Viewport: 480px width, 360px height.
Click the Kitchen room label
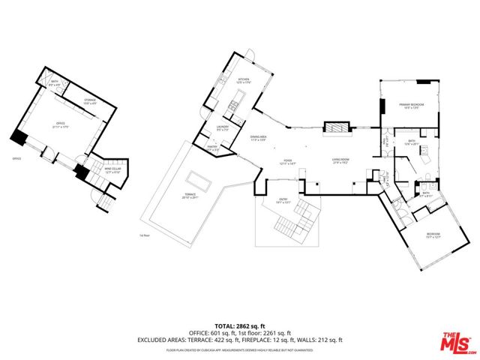243,81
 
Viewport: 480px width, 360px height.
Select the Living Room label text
342,160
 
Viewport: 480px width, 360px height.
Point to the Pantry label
213,148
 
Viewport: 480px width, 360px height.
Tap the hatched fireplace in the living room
336,128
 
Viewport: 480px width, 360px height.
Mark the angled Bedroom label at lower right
433,235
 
